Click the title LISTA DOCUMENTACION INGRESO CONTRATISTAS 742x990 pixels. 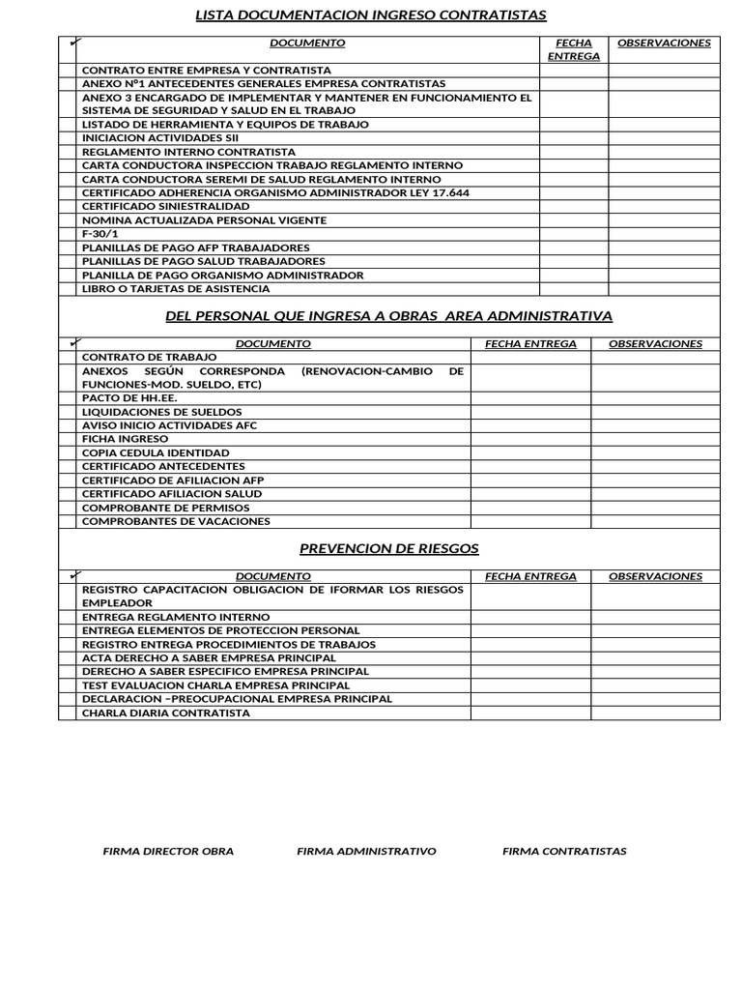371,15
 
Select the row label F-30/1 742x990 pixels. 100,234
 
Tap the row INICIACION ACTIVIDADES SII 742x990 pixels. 159,138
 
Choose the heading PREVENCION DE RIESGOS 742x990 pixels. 389,548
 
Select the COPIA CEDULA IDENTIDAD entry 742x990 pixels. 156,452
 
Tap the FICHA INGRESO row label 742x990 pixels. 125,439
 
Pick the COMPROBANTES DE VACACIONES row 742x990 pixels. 176,521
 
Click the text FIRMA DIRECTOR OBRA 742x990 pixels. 168,852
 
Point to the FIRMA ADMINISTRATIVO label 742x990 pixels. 366,852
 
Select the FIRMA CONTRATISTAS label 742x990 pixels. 564,852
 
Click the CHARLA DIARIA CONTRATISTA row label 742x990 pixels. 166,713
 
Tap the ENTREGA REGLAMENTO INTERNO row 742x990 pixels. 176,617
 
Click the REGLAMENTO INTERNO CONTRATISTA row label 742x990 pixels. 188,152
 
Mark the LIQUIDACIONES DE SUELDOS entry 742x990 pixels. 162,412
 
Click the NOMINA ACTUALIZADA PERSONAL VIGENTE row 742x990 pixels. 204,220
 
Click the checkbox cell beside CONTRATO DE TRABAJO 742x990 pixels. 67,358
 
